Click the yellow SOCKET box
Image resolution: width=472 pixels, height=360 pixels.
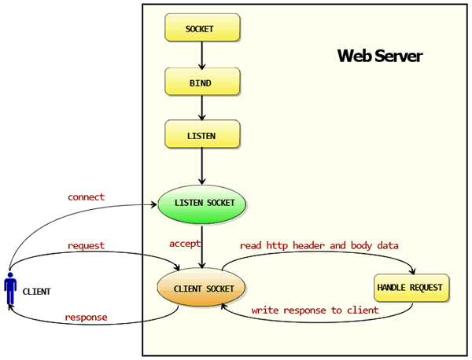[201, 28]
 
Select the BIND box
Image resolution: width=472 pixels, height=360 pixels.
[201, 82]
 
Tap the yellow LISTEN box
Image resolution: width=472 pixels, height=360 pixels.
[201, 134]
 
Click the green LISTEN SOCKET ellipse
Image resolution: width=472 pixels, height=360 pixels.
[202, 204]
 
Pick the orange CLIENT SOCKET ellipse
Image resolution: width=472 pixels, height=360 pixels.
[203, 288]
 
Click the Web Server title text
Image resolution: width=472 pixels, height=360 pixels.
[379, 57]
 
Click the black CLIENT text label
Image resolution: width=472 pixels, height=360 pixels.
[36, 292]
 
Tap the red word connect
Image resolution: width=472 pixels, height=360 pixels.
[86, 197]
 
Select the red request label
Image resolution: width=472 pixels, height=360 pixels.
[86, 245]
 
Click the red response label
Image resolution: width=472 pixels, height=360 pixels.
[86, 318]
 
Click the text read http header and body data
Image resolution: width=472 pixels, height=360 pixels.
[319, 245]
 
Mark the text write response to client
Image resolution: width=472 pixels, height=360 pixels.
[315, 310]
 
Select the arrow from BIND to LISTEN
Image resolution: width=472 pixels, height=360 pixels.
[202, 108]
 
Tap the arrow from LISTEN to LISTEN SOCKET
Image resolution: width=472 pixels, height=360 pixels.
[202, 166]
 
